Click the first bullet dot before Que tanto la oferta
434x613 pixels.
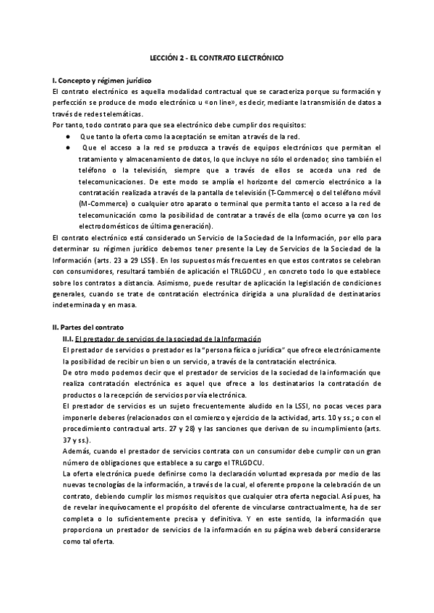click(x=67, y=136)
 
